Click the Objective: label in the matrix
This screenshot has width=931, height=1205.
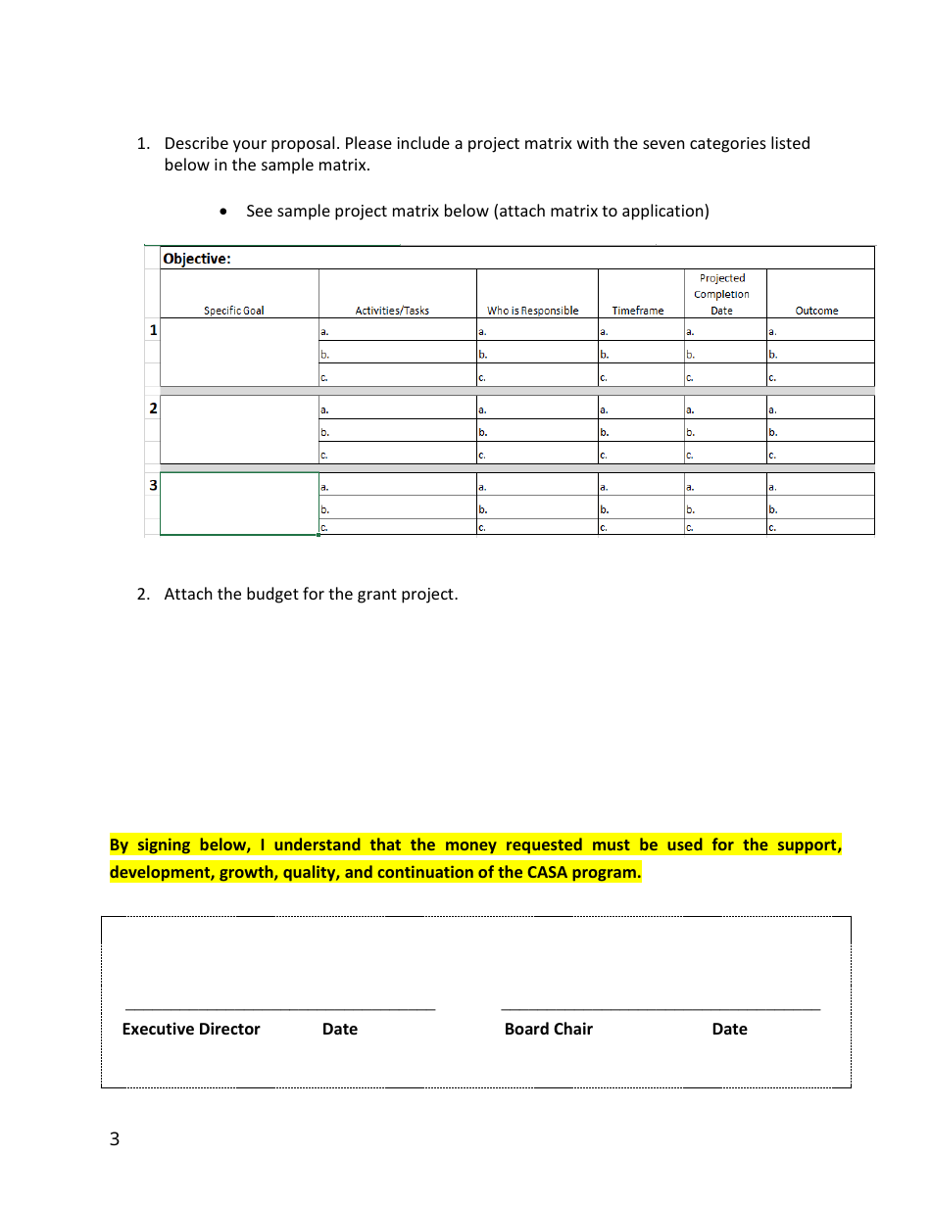197,259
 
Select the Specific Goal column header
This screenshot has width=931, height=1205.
234,311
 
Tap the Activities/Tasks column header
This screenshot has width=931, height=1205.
392,311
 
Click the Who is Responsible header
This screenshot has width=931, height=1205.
533,311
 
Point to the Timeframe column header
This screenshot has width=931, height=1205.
638,311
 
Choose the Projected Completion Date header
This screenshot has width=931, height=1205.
722,294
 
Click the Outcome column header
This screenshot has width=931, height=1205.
816,311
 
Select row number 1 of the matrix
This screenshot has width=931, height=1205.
153,330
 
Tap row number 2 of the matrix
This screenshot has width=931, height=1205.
153,408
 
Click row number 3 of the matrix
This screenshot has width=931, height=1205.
153,484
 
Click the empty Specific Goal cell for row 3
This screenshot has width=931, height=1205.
239,505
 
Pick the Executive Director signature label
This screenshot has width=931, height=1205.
191,1029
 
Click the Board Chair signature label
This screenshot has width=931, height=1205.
549,1029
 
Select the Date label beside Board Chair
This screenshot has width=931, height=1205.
729,1029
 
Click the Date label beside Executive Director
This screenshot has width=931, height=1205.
340,1029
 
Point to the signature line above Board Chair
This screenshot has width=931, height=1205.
660,1008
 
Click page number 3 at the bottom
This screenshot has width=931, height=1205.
115,1138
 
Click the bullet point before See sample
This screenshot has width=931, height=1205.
226,212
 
